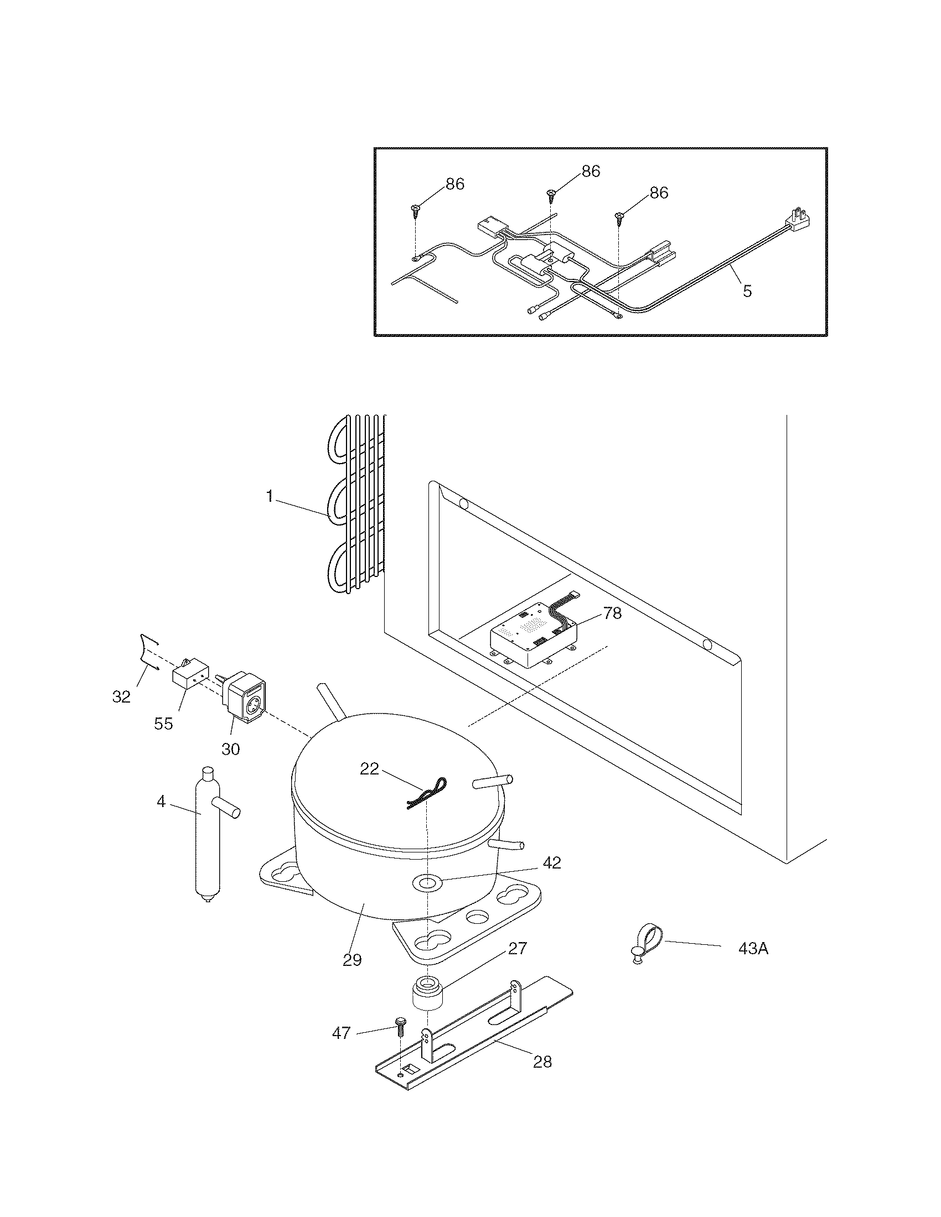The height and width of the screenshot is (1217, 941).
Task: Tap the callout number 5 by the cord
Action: (747, 290)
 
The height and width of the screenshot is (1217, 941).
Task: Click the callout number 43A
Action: (753, 948)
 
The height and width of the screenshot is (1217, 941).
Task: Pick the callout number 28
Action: (542, 1062)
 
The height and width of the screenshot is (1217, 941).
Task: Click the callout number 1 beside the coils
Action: (270, 496)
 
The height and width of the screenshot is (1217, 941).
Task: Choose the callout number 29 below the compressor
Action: (352, 960)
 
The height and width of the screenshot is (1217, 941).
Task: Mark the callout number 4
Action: (161, 803)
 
